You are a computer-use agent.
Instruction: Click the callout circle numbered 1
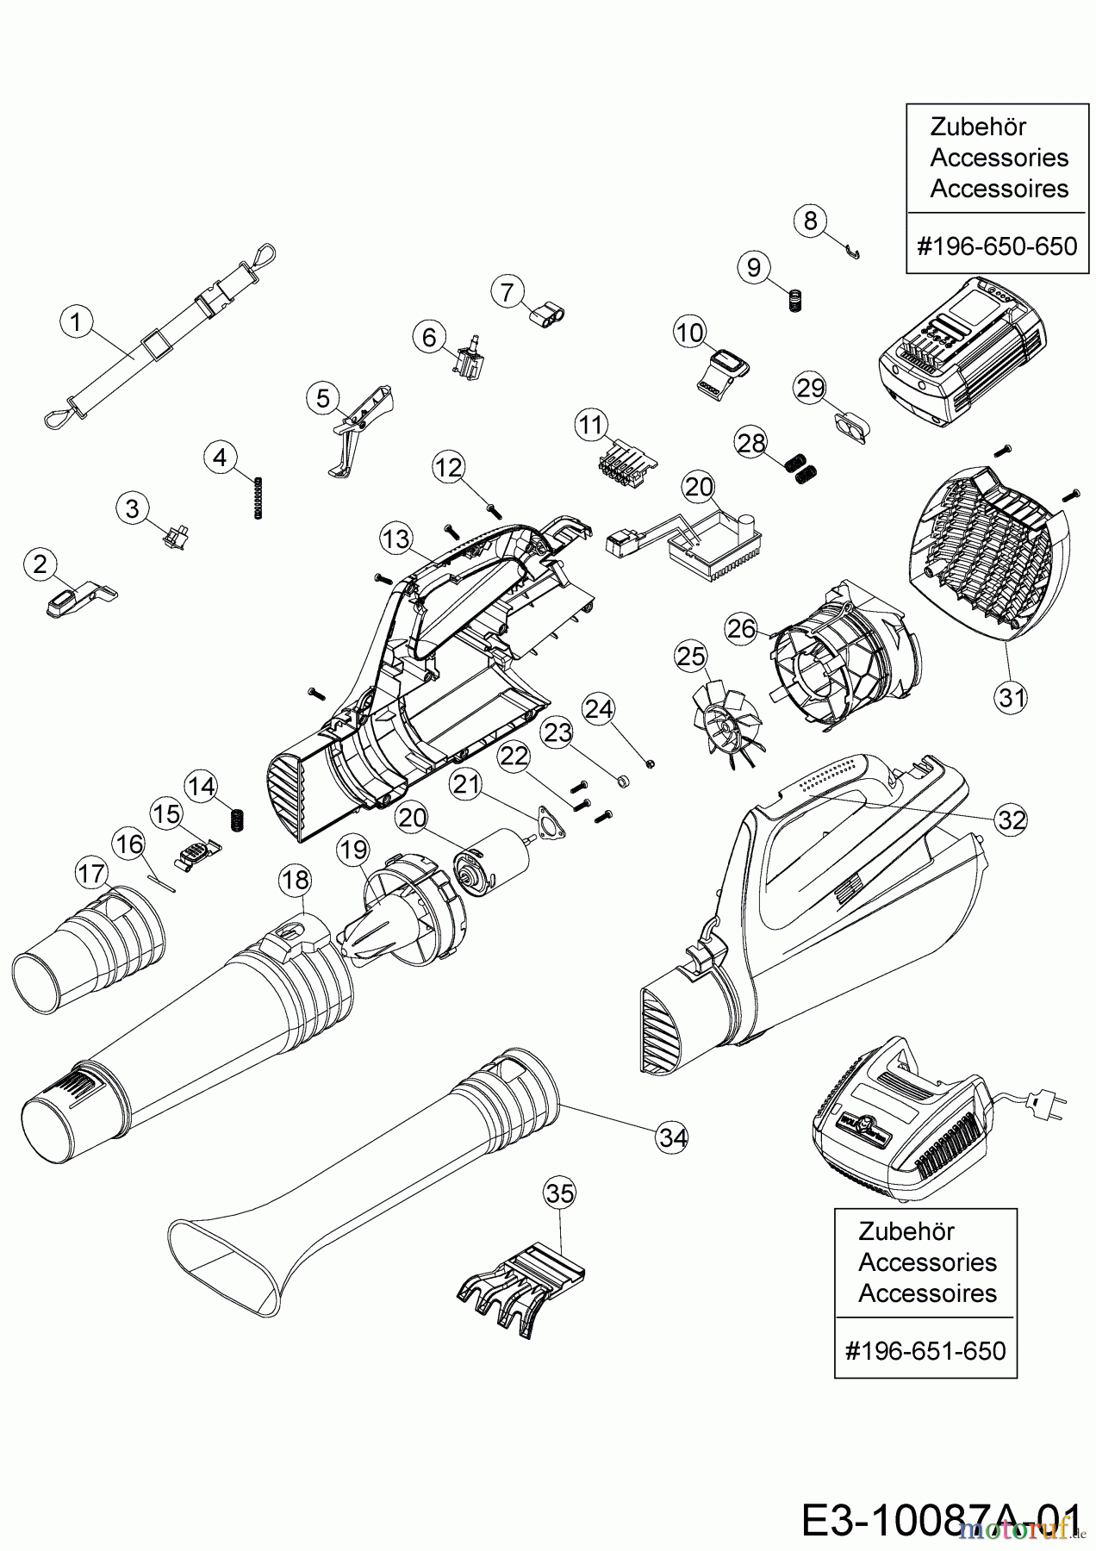click(76, 323)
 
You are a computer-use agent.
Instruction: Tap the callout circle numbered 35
click(560, 1194)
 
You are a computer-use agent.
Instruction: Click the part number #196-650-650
click(997, 246)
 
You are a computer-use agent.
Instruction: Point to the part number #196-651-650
click(925, 1349)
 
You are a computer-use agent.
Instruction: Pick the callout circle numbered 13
click(396, 539)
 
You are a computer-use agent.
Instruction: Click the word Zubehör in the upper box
click(978, 127)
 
